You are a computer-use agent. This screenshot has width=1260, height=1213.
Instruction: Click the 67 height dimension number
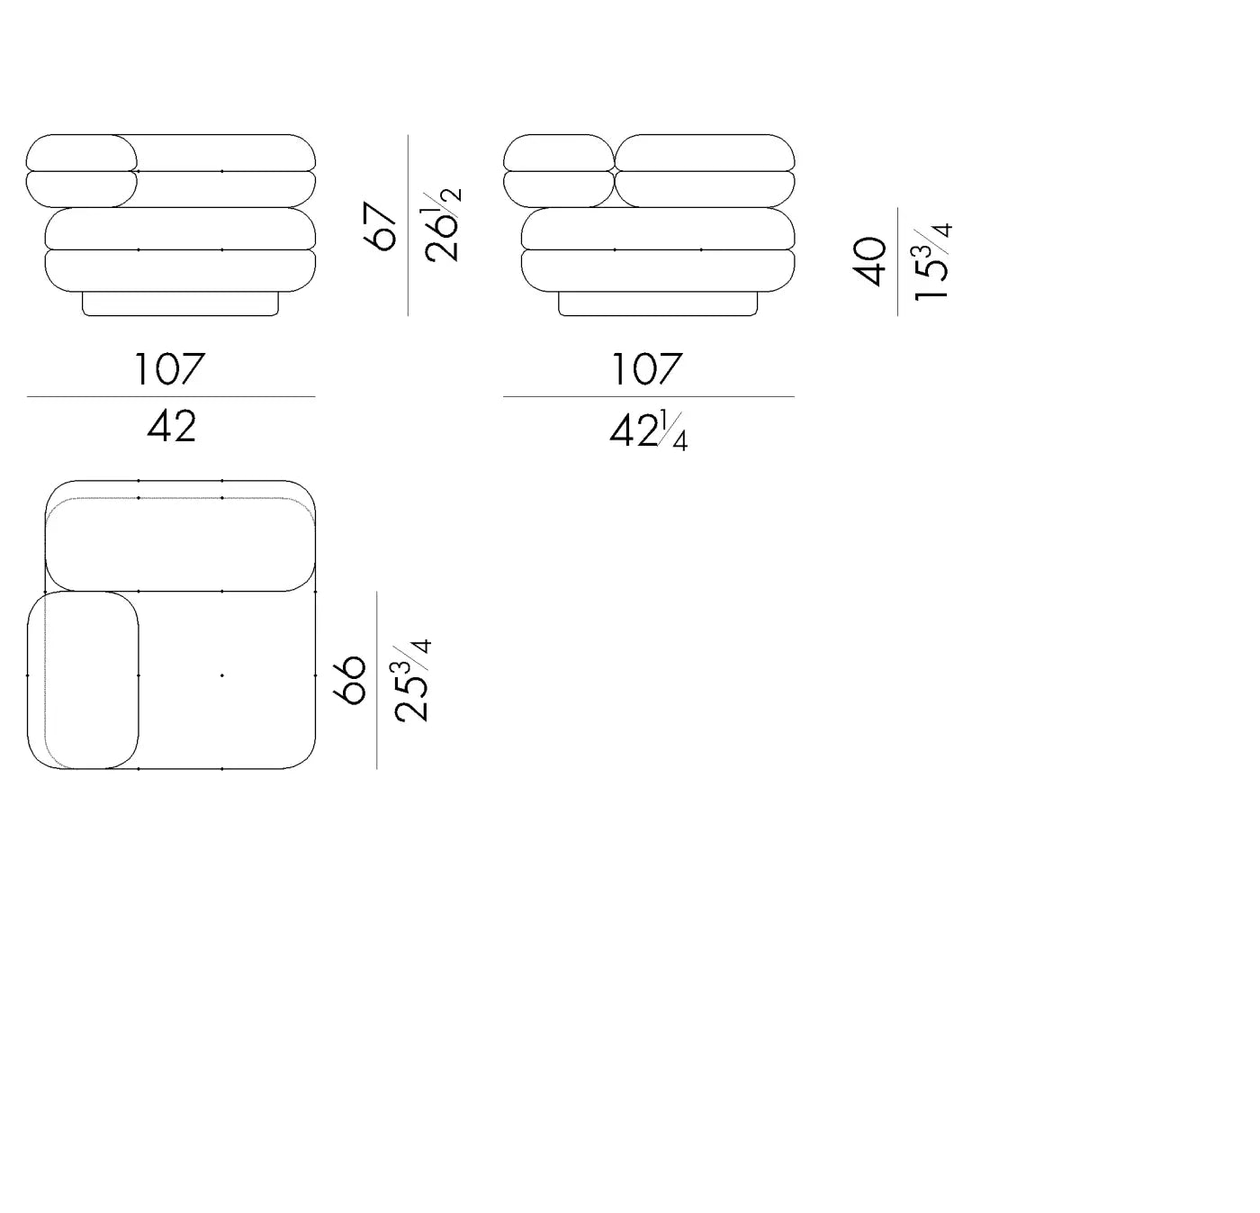click(380, 226)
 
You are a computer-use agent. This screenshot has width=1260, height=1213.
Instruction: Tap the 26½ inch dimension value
click(443, 225)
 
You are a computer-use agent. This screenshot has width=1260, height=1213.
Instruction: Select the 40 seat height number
click(869, 261)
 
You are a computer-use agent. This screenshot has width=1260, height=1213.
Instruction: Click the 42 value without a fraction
click(172, 426)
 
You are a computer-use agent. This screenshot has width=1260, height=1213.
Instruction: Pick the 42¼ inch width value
click(648, 430)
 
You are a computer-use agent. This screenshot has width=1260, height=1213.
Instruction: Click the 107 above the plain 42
click(169, 368)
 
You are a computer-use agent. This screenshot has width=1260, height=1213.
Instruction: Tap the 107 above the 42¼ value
click(647, 368)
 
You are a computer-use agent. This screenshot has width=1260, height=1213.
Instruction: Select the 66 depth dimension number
click(349, 680)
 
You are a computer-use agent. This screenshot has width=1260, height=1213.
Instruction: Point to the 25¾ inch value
click(412, 680)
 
